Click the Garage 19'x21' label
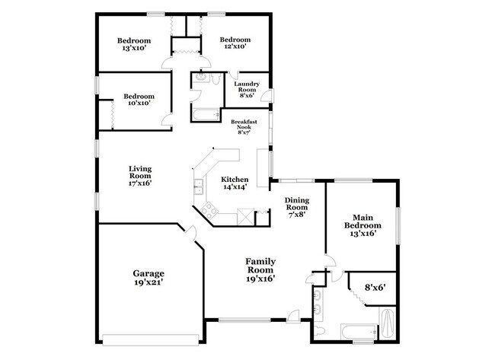(x=148, y=278)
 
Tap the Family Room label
(x=260, y=269)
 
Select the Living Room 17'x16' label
(x=139, y=177)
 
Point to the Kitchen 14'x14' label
(x=235, y=183)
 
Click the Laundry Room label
(x=247, y=89)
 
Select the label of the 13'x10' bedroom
(x=133, y=44)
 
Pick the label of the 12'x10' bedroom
(x=235, y=44)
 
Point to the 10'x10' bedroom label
(x=139, y=100)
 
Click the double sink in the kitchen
(x=198, y=184)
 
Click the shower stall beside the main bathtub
(x=386, y=326)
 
